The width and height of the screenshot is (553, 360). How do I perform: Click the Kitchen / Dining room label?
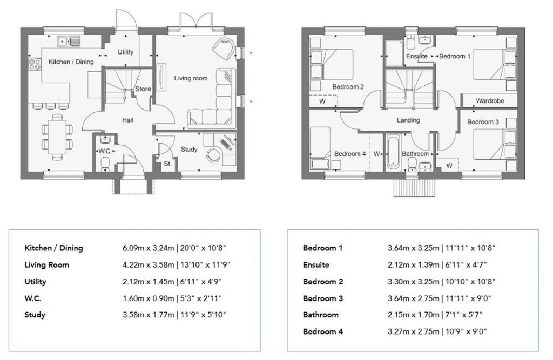[71, 62]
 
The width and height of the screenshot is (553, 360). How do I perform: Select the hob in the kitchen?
[35, 64]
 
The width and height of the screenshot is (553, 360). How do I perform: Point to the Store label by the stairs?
[143, 89]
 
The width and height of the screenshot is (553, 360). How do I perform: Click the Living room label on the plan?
[191, 78]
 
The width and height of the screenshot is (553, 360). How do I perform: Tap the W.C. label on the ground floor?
[104, 151]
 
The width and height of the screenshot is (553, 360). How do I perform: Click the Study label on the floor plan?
[189, 150]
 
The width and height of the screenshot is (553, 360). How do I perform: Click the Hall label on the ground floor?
[127, 120]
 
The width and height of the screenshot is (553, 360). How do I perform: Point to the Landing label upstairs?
[408, 120]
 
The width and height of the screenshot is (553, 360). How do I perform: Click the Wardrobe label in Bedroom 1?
[489, 101]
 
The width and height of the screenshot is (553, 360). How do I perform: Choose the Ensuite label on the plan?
[417, 56]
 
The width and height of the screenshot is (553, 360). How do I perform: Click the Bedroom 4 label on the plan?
[350, 154]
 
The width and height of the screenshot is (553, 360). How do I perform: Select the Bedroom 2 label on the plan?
[348, 87]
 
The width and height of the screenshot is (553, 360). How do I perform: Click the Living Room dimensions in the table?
[173, 265]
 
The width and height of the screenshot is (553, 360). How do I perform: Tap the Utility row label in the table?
[36, 282]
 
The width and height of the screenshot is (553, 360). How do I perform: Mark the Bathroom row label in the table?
[321, 315]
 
